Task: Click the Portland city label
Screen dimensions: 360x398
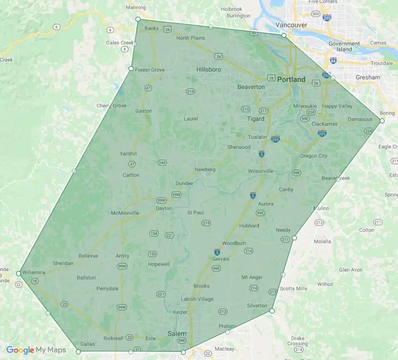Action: [291, 79]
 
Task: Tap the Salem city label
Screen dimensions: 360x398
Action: [177, 333]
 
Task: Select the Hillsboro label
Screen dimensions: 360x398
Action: [209, 69]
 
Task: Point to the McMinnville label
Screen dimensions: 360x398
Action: [125, 213]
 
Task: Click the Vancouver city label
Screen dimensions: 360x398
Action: [291, 25]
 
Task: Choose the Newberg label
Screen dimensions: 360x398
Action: [205, 170]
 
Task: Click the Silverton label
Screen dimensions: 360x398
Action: [257, 306]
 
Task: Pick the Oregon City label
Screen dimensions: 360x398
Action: [313, 156]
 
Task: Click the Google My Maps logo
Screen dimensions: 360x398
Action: [36, 350]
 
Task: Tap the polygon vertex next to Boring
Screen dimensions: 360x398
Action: [382, 121]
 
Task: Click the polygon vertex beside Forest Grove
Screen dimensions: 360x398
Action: [131, 69]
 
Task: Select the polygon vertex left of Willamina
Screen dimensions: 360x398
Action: [19, 273]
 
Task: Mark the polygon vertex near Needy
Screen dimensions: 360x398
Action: [294, 238]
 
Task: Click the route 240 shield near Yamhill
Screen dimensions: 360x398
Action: [162, 163]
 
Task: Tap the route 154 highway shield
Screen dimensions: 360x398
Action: [154, 233]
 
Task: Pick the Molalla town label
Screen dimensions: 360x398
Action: [322, 241]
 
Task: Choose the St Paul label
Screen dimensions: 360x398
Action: [196, 212]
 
